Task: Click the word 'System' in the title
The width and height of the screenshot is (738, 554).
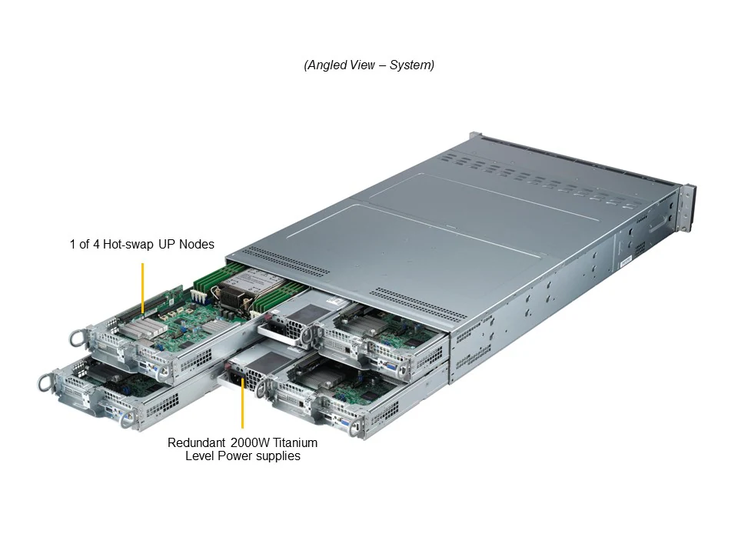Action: (x=411, y=65)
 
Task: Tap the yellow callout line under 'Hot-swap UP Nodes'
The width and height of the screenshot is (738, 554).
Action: (x=143, y=289)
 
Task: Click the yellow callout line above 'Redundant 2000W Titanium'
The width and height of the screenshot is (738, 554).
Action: (x=243, y=404)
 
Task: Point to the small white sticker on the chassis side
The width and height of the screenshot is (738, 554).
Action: (x=624, y=262)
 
